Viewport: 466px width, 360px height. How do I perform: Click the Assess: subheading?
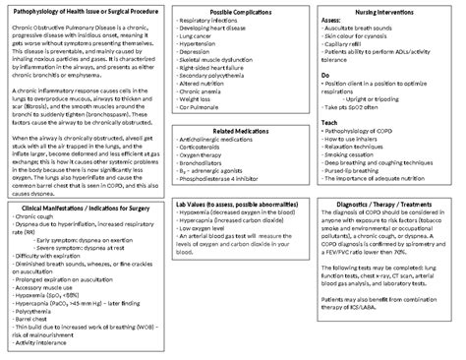click(332, 20)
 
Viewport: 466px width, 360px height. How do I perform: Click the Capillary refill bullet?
click(347, 45)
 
